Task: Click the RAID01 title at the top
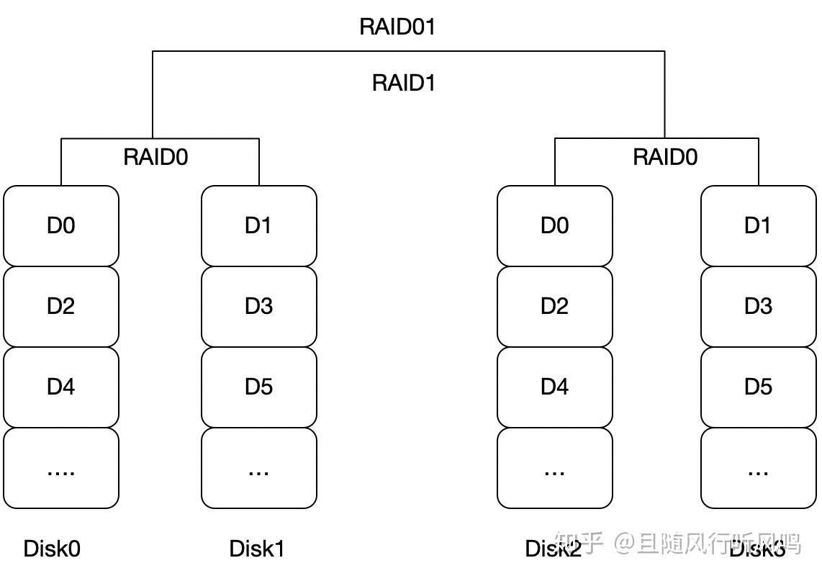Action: pyautogui.click(x=397, y=27)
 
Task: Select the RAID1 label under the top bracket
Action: pyautogui.click(x=404, y=83)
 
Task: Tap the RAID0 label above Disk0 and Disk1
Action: pyautogui.click(x=155, y=157)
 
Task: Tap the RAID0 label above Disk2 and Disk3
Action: pyautogui.click(x=665, y=157)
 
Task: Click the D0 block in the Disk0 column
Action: pyautogui.click(x=61, y=226)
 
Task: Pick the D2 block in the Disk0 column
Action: pyautogui.click(x=61, y=307)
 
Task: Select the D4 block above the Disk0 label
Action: pyautogui.click(x=61, y=387)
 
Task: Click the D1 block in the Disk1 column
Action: pyautogui.click(x=258, y=226)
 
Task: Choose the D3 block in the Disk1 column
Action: pyautogui.click(x=258, y=307)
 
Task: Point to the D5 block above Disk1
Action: pyautogui.click(x=258, y=387)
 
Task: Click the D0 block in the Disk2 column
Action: pyautogui.click(x=554, y=226)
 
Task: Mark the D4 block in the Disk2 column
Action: pyautogui.click(x=554, y=387)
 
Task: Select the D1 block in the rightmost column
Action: pyautogui.click(x=758, y=226)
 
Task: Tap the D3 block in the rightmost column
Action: pyautogui.click(x=758, y=307)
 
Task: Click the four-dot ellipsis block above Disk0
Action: pyautogui.click(x=61, y=468)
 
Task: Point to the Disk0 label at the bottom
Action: pyautogui.click(x=52, y=549)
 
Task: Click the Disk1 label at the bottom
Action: pyautogui.click(x=257, y=549)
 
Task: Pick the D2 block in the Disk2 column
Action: pyautogui.click(x=554, y=307)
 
